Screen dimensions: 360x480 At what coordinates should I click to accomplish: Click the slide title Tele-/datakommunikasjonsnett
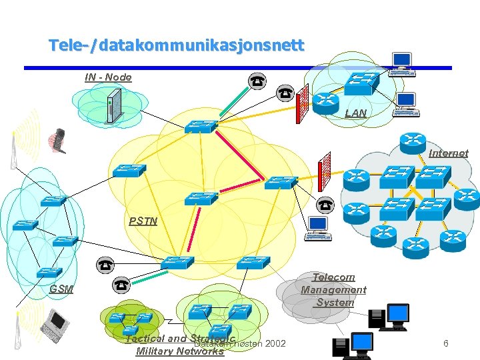pyautogui.click(x=176, y=46)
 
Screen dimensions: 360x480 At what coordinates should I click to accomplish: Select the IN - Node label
pyautogui.click(x=108, y=77)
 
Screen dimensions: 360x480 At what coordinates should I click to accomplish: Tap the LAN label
pyautogui.click(x=355, y=113)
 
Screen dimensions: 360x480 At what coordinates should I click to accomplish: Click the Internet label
pyautogui.click(x=448, y=153)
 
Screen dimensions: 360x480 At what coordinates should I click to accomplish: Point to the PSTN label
pyautogui.click(x=143, y=221)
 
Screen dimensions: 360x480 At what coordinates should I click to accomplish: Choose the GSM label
pyautogui.click(x=61, y=289)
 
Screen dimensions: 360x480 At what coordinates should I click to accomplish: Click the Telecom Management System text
pyautogui.click(x=333, y=289)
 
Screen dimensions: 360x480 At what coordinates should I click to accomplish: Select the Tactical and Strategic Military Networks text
pyautogui.click(x=180, y=345)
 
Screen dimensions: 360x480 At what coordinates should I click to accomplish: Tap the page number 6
pyautogui.click(x=446, y=343)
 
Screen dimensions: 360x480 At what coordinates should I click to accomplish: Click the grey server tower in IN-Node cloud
pyautogui.click(x=112, y=105)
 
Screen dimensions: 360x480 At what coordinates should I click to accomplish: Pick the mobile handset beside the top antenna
pyautogui.click(x=58, y=140)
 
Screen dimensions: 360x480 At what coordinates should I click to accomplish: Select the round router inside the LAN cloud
pyautogui.click(x=327, y=101)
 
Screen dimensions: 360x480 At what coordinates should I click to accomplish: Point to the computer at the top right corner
pyautogui.click(x=402, y=65)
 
